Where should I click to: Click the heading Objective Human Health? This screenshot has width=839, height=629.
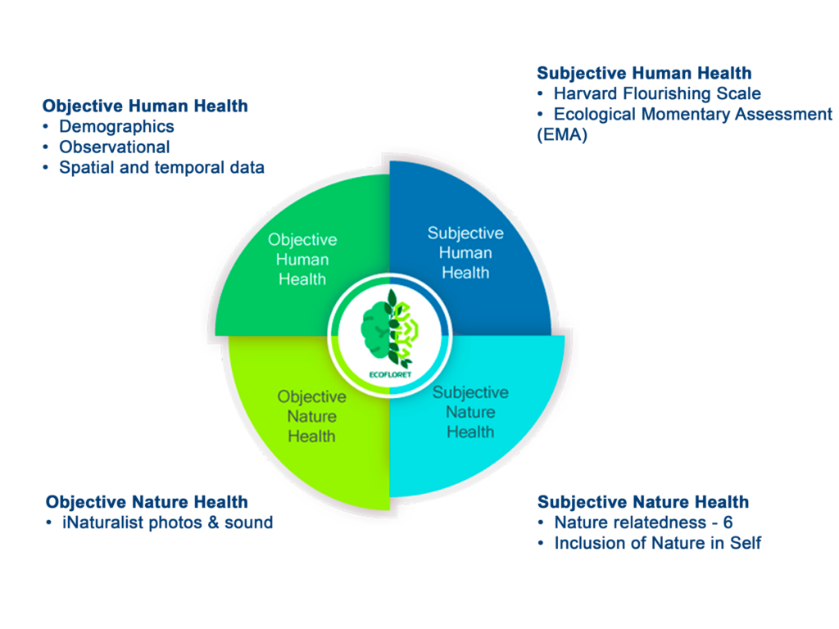pos(145,106)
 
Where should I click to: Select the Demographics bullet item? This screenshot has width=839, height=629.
pos(116,127)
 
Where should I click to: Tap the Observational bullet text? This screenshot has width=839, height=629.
pos(115,147)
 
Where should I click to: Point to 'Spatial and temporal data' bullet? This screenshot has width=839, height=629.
pos(161,168)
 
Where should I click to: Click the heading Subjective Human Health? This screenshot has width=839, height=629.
pos(644,73)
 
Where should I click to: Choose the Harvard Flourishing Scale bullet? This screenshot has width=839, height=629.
pos(657,93)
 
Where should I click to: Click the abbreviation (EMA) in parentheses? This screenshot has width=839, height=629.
pos(562,135)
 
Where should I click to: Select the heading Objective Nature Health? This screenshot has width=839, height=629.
pos(147,502)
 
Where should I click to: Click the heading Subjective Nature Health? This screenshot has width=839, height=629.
pos(643,502)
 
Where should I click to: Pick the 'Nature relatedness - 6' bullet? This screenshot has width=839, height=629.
pos(643,523)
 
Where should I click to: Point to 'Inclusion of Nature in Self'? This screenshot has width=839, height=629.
pos(658,544)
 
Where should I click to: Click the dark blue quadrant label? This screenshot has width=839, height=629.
pos(465,253)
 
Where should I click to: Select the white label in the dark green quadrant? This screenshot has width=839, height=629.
pos(302,260)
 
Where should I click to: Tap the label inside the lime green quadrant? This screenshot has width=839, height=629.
pos(311,417)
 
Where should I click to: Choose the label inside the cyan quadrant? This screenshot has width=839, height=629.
pos(470,413)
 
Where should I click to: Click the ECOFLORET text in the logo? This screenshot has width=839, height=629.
pos(390,374)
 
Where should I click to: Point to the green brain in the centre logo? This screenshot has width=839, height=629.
pos(375,330)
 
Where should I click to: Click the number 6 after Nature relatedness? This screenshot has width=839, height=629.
pos(728,523)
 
